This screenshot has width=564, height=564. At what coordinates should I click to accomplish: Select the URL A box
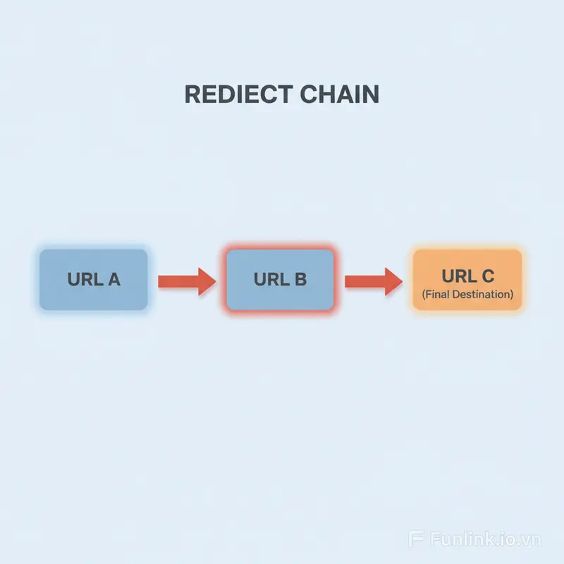click(x=94, y=279)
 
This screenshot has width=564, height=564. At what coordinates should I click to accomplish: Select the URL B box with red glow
click(x=279, y=279)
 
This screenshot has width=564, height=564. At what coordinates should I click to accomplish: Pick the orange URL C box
click(x=467, y=279)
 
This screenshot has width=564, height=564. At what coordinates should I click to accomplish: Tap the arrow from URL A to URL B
click(x=185, y=281)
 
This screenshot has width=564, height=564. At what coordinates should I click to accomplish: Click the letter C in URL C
click(x=486, y=274)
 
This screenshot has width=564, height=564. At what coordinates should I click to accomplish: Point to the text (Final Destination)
click(x=467, y=294)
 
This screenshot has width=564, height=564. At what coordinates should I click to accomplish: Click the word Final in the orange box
click(x=436, y=294)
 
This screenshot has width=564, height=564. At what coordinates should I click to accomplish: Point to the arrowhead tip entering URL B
click(x=214, y=281)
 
